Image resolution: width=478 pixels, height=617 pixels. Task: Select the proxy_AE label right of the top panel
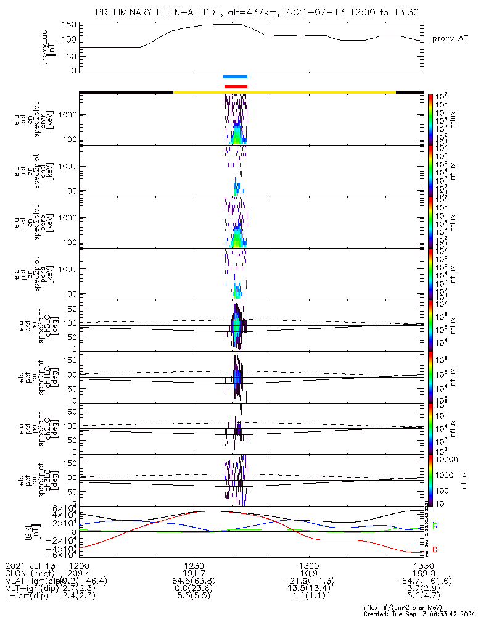[450, 38]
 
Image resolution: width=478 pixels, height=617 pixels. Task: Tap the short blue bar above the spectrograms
[235, 77]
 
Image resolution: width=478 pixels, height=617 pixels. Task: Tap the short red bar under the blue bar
[236, 86]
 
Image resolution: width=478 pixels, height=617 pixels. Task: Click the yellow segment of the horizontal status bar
[284, 92]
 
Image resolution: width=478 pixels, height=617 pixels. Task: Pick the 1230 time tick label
[194, 565]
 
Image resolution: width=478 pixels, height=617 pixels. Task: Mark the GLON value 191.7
[194, 573]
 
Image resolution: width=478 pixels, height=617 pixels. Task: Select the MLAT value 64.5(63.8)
[194, 581]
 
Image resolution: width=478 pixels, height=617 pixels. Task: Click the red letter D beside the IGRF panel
[435, 550]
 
